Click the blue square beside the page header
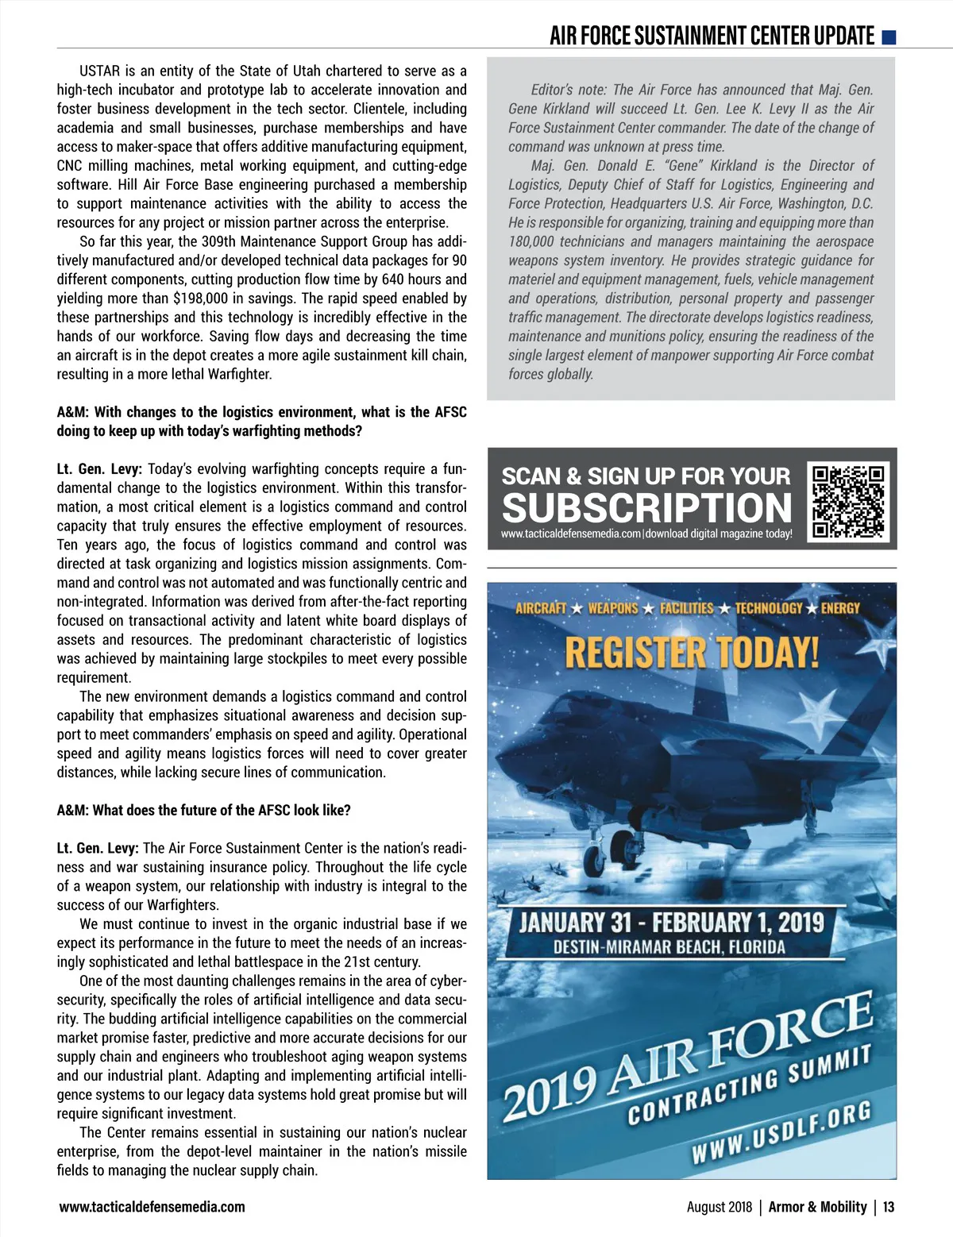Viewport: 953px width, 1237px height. [889, 37]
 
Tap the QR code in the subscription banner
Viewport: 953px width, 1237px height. [848, 502]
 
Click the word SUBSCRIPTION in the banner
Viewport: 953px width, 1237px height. [646, 507]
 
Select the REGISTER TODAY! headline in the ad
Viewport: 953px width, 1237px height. [691, 653]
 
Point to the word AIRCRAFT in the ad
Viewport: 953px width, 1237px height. [541, 608]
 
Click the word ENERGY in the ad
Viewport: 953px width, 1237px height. [840, 608]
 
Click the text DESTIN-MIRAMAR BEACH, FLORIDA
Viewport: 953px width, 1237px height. [669, 946]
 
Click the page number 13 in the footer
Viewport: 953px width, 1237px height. [888, 1207]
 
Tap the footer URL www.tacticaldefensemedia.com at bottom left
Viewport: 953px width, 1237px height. [152, 1207]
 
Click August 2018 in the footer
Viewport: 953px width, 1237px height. [719, 1207]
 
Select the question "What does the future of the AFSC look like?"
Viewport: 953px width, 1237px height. [221, 810]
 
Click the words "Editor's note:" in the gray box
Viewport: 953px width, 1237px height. [569, 90]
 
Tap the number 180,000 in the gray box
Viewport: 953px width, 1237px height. [531, 241]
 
